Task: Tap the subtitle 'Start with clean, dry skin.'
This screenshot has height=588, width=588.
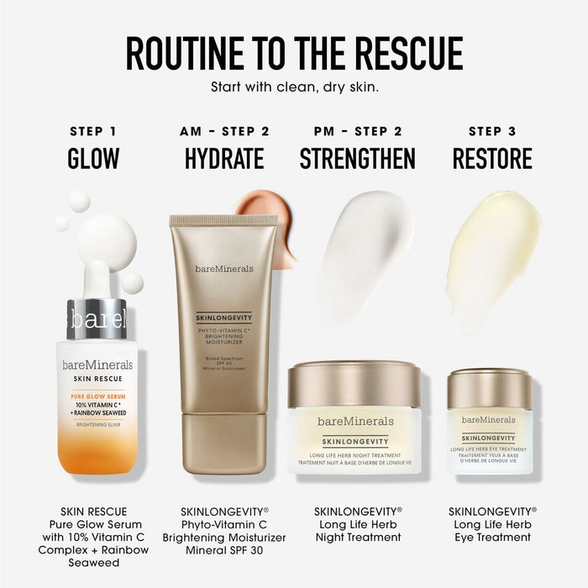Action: click(x=294, y=87)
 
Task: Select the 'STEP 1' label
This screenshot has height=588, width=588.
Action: click(x=92, y=131)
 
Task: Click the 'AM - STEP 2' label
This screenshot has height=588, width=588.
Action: click(x=224, y=131)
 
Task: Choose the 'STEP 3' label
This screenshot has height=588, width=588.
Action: click(x=492, y=131)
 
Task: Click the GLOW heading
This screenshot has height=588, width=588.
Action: click(x=92, y=158)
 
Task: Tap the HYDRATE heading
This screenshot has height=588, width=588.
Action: click(x=224, y=158)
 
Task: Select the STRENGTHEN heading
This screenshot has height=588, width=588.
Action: click(x=357, y=158)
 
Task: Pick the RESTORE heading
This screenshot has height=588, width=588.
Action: click(x=492, y=158)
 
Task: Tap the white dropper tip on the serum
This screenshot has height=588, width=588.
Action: click(x=96, y=277)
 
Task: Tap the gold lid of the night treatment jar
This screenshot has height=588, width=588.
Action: click(x=354, y=383)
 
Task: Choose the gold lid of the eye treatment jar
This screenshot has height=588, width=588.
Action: click(x=489, y=388)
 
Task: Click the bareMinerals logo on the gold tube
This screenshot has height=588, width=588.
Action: click(x=223, y=269)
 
